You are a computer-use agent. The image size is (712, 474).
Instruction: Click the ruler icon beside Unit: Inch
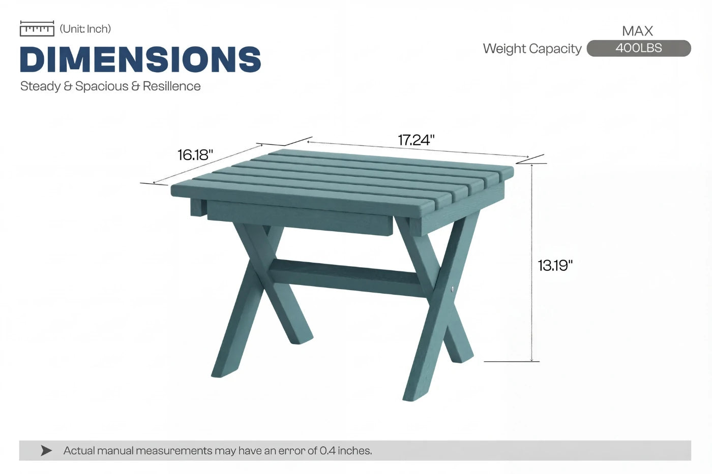click(37, 29)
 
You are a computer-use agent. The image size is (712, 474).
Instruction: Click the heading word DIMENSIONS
click(140, 59)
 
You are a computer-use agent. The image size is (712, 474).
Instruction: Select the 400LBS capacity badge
click(638, 48)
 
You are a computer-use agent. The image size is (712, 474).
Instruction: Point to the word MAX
click(637, 31)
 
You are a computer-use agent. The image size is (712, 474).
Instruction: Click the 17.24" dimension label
click(416, 140)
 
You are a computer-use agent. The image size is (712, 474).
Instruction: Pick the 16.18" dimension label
click(195, 154)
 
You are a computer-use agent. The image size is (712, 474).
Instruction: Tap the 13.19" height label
click(555, 265)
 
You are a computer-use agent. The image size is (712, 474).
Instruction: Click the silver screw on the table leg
click(453, 289)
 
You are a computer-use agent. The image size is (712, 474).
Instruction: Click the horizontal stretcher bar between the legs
click(346, 277)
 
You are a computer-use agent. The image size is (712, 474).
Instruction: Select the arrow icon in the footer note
click(46, 451)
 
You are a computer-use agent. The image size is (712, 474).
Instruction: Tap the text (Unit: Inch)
click(85, 29)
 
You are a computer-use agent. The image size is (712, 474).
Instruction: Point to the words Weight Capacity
click(532, 49)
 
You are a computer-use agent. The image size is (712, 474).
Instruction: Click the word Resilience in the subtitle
click(171, 86)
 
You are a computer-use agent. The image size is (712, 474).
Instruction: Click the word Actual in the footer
click(79, 451)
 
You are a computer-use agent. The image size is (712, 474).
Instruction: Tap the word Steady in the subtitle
click(40, 86)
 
